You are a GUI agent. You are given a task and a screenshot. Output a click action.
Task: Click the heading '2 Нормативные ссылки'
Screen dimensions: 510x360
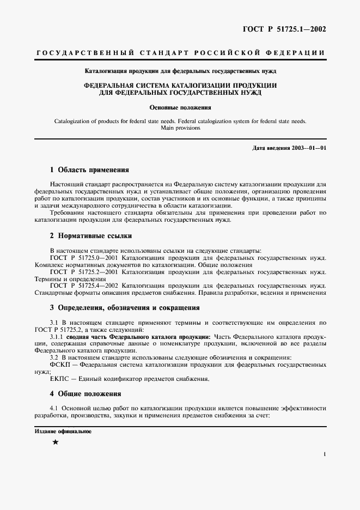[x=91, y=236]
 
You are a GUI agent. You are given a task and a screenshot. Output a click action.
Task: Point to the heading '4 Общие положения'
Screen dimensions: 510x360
[x=86, y=393]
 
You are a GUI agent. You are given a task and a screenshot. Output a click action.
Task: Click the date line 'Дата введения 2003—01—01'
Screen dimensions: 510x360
[x=290, y=148]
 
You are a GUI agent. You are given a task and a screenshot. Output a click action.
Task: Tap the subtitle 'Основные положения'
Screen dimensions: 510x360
[x=180, y=108]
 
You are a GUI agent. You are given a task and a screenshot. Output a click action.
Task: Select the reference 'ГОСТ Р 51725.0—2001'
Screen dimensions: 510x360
[x=83, y=257]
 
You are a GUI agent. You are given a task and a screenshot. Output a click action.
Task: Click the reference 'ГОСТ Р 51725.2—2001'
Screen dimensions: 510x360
[x=83, y=271]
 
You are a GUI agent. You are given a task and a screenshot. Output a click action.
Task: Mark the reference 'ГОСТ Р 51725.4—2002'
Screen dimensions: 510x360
[x=83, y=286]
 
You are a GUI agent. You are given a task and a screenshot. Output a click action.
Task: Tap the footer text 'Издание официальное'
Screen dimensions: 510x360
[x=63, y=432]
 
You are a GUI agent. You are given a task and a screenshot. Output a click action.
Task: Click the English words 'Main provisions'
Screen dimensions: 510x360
[x=180, y=128]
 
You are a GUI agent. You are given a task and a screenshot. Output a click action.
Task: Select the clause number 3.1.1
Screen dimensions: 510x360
[x=57, y=336]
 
